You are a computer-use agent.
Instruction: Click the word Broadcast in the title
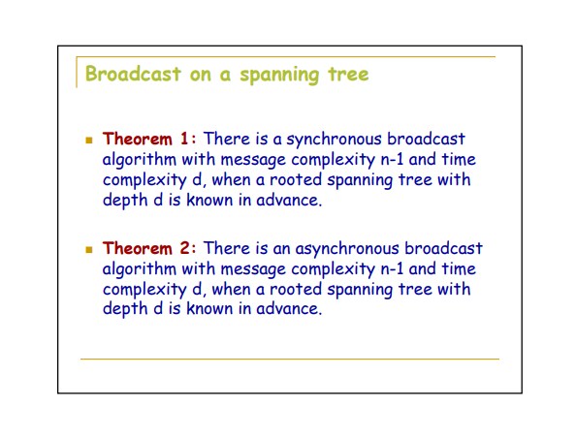pyautogui.click(x=133, y=75)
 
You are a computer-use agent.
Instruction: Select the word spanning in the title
pyautogui.click(x=279, y=76)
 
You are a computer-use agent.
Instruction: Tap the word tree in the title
pyautogui.click(x=348, y=75)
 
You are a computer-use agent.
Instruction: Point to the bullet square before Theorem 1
pyautogui.click(x=89, y=140)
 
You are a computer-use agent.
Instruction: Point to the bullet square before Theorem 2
pyautogui.click(x=89, y=250)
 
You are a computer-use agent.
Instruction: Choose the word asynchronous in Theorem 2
pyautogui.click(x=347, y=250)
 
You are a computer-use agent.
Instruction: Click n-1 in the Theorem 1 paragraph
pyautogui.click(x=392, y=160)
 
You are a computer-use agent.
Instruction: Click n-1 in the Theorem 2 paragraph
pyautogui.click(x=392, y=269)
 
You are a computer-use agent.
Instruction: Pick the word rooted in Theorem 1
pyautogui.click(x=296, y=180)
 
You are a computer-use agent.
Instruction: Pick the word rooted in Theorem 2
pyautogui.click(x=296, y=289)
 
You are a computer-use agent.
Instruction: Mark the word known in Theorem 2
pyautogui.click(x=209, y=309)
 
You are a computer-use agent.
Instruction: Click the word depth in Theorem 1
pyautogui.click(x=125, y=201)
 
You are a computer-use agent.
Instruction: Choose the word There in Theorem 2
pyautogui.click(x=226, y=248)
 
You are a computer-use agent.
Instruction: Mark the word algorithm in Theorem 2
pyautogui.click(x=140, y=270)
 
